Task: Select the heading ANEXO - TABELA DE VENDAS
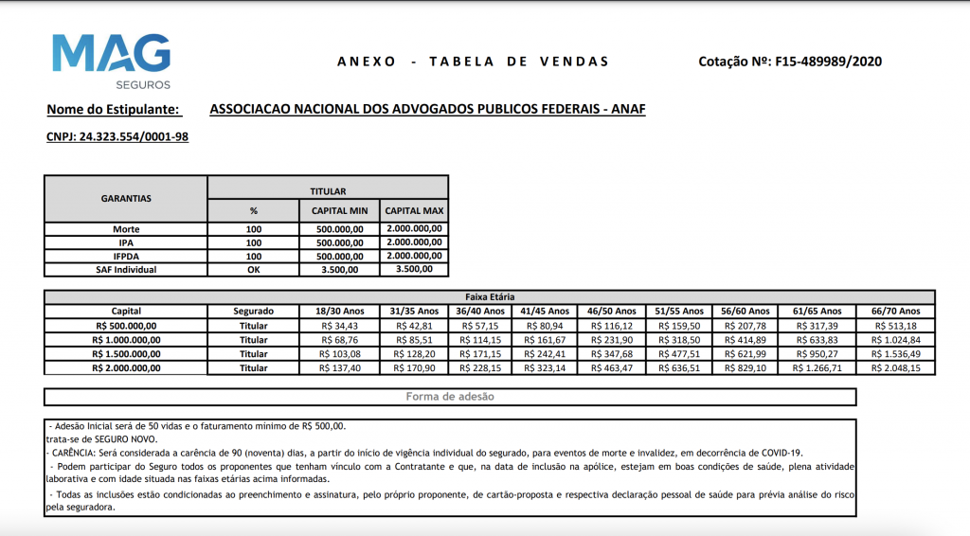(x=473, y=62)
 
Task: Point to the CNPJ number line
(x=117, y=136)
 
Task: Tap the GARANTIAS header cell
(x=126, y=199)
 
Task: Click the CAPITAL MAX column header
(x=414, y=210)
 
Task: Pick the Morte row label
(x=126, y=229)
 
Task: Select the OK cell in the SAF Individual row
(x=253, y=269)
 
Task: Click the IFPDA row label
(x=126, y=256)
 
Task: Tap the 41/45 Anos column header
(x=546, y=311)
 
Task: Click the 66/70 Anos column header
(x=895, y=311)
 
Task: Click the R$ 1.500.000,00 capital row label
(x=126, y=353)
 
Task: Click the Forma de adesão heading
(x=450, y=397)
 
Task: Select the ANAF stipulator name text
(x=427, y=109)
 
